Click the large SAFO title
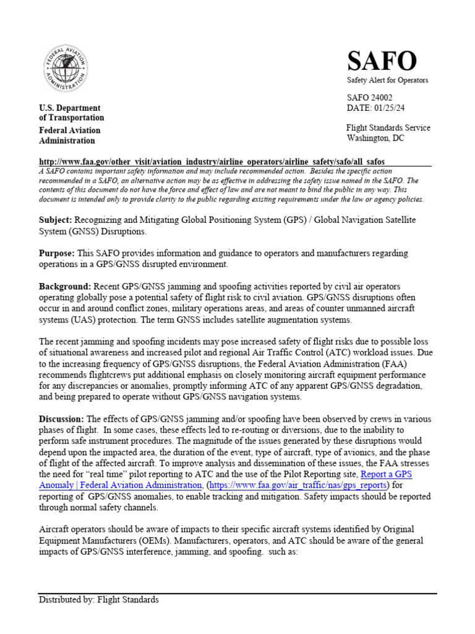tap(382, 61)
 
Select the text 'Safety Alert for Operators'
tap(387, 80)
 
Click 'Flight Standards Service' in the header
tap(388, 128)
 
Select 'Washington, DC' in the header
tap(375, 138)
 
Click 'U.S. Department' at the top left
tap(70, 108)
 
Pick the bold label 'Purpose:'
tap(57, 254)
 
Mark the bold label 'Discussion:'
tap(62, 420)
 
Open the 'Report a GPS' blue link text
tap(387, 474)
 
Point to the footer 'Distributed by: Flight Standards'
tap(99, 599)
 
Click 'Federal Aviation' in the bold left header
tap(70, 130)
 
